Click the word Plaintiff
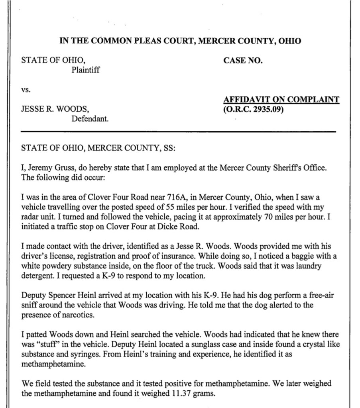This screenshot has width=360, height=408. tap(85, 70)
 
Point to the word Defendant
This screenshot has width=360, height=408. tap(90, 118)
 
